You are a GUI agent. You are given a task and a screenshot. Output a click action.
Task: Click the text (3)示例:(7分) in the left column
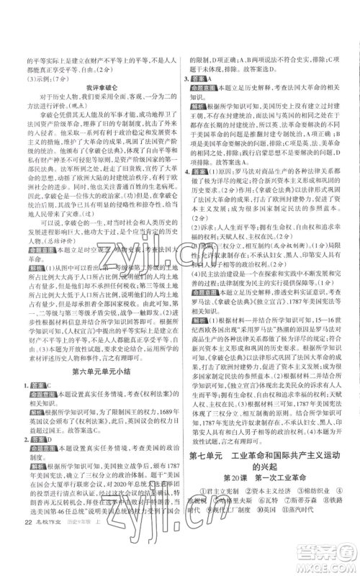tap(37, 81)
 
